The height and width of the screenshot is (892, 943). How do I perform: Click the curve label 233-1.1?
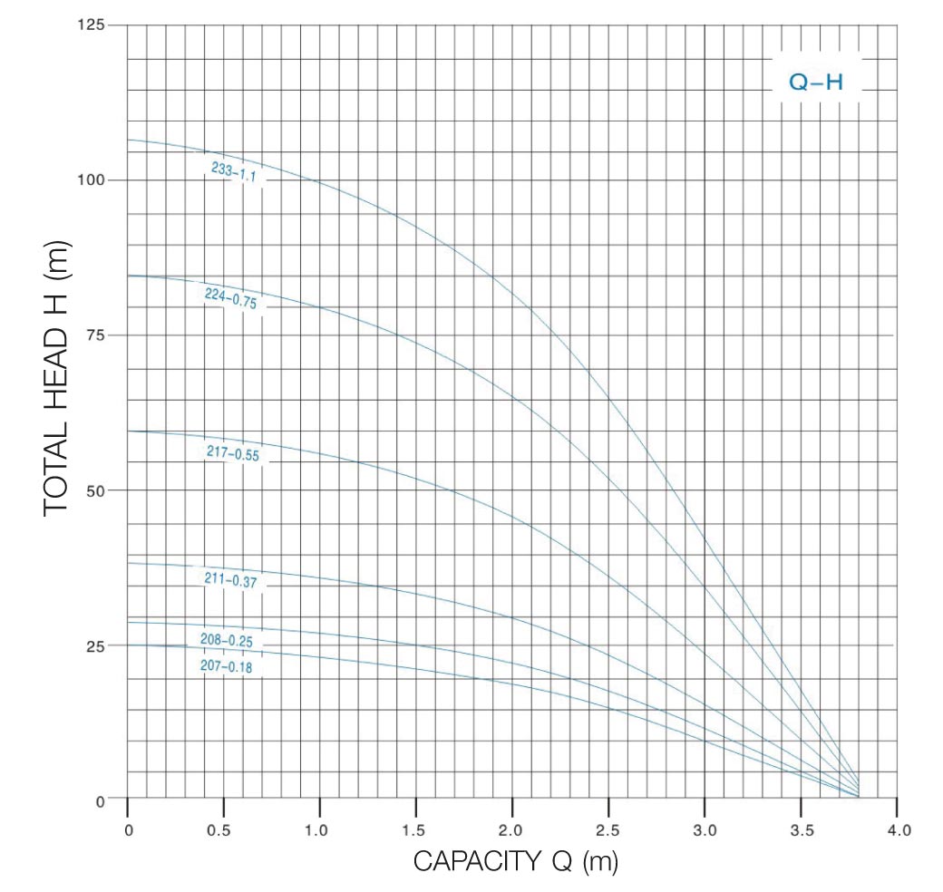coord(235,173)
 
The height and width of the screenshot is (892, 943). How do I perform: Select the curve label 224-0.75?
coord(231,299)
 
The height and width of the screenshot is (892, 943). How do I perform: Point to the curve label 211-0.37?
coord(232,578)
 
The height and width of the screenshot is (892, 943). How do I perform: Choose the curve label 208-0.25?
coord(226,641)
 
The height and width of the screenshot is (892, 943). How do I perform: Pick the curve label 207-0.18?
coord(226,667)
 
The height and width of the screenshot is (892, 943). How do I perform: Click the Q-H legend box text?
coord(816,82)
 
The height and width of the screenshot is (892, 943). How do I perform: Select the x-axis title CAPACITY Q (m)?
coord(515,861)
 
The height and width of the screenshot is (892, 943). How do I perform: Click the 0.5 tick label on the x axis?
coord(223,829)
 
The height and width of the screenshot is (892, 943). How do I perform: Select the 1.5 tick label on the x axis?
coord(415,829)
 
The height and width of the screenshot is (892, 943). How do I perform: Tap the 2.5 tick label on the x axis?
coord(608,829)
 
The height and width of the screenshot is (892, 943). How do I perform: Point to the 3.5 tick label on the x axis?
coord(801,829)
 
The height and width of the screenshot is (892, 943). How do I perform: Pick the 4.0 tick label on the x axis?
coord(897,829)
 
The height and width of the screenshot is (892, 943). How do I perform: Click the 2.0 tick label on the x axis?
coord(512,829)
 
